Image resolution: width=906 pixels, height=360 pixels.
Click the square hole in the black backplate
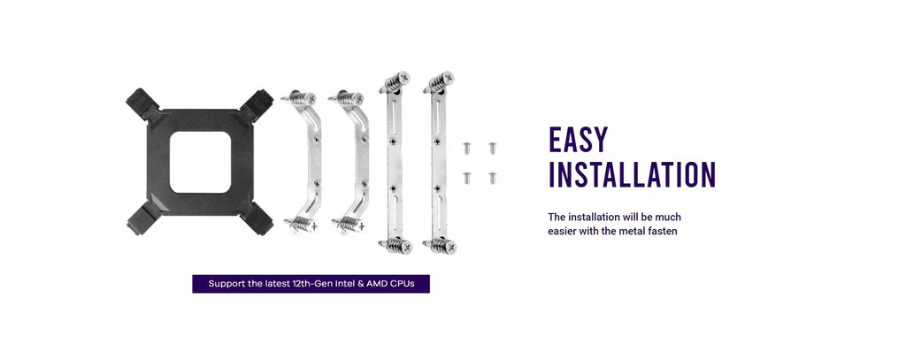(x=200, y=162)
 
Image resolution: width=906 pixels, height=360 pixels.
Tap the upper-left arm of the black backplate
(x=142, y=104)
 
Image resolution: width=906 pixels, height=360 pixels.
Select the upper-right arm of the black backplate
(x=257, y=105)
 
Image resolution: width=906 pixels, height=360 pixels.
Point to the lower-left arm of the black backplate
(x=142, y=219)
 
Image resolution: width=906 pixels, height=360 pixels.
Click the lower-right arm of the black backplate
(x=257, y=219)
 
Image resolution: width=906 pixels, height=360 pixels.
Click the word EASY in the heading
(x=578, y=140)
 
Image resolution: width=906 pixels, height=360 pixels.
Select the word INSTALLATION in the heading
(x=632, y=174)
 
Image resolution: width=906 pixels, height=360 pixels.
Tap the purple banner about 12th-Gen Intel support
(x=311, y=284)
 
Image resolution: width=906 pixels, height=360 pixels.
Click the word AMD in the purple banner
(x=377, y=284)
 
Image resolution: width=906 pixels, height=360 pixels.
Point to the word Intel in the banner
(x=343, y=284)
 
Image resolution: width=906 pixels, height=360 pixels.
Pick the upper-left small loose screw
(x=466, y=148)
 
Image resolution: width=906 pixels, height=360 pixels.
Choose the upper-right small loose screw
(x=492, y=148)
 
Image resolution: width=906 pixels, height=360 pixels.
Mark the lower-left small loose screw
(x=466, y=178)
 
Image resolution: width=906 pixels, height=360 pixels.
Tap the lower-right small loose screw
(x=492, y=178)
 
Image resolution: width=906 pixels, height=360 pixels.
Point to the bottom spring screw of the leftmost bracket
(x=302, y=224)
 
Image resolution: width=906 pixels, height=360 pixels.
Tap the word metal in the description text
(x=637, y=231)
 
